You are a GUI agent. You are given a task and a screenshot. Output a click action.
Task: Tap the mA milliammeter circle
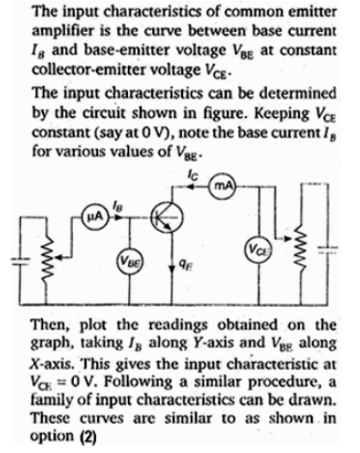point(223,186)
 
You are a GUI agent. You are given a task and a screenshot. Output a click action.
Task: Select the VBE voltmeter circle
point(130,261)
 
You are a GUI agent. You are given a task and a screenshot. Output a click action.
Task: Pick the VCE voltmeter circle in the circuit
point(259,249)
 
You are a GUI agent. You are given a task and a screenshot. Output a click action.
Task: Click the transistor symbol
point(167,217)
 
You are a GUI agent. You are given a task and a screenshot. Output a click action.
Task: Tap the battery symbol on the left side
point(21,261)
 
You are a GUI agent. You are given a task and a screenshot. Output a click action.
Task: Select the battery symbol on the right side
point(327,249)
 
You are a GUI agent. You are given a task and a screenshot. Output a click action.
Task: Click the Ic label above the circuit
point(192,174)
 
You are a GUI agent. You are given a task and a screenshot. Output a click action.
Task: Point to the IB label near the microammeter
point(117,206)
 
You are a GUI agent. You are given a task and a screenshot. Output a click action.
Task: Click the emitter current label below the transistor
point(183,265)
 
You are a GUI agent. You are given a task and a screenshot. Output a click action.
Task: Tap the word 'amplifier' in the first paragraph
point(63,31)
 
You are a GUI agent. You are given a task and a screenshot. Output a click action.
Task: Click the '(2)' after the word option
point(88,438)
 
